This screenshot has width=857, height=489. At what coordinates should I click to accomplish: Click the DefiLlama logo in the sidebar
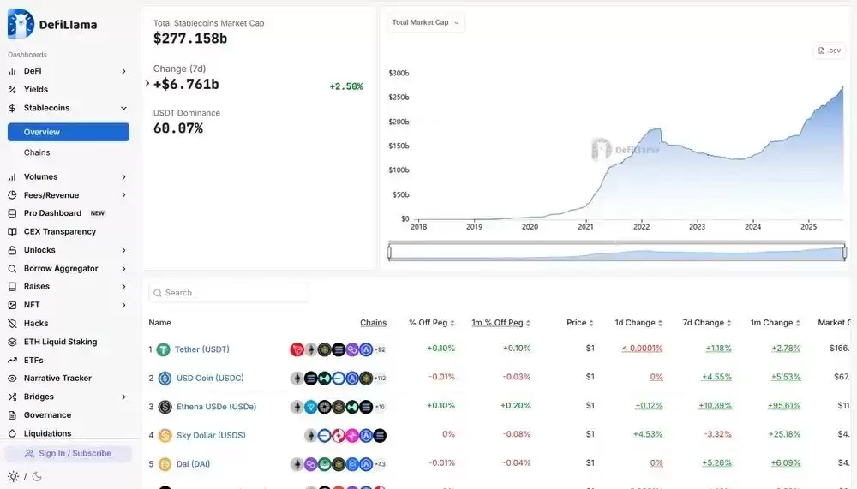[51, 24]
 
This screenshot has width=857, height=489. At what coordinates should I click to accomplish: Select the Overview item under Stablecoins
[69, 132]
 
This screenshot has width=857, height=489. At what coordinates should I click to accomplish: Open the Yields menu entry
[36, 89]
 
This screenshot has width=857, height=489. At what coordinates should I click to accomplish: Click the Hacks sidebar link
[36, 324]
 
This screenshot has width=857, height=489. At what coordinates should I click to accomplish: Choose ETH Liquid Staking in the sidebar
[60, 342]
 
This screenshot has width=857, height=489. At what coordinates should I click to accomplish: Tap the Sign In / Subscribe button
[69, 453]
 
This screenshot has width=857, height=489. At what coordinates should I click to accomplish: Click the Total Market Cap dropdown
[426, 22]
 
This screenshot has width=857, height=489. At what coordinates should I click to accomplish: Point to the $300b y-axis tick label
[399, 74]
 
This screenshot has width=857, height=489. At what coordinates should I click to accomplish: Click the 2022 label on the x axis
[641, 227]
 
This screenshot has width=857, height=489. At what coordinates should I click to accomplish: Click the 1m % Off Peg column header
[497, 323]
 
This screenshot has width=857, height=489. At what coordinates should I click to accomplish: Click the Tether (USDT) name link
[202, 349]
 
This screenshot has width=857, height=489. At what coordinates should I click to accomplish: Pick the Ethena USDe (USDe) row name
[216, 407]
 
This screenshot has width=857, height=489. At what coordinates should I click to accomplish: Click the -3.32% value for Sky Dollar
[717, 434]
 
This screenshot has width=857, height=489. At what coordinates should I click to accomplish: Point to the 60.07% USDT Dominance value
[178, 128]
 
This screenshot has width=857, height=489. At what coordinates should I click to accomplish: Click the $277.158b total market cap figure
[190, 39]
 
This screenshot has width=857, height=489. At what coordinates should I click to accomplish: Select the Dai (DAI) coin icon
[165, 464]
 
